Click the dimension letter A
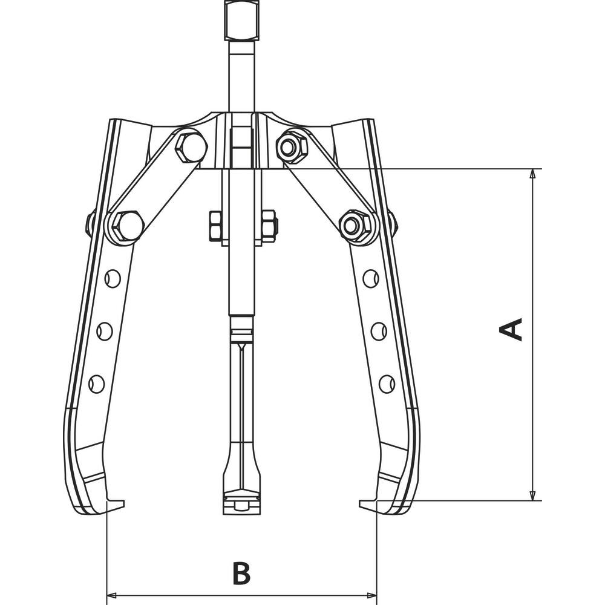click(511, 330)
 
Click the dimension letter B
click(241, 573)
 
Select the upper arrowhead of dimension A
click(532, 174)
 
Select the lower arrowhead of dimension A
click(532, 495)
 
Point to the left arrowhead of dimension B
click(111, 595)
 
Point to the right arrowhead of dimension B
click(371, 595)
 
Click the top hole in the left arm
click(113, 278)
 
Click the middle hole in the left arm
click(104, 331)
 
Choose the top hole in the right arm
click(371, 278)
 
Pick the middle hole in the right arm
click(379, 331)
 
